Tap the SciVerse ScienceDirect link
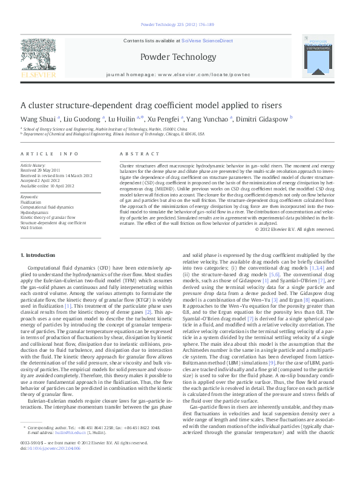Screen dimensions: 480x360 coord(210,41)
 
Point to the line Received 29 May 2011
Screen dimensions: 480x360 coord(41,170)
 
